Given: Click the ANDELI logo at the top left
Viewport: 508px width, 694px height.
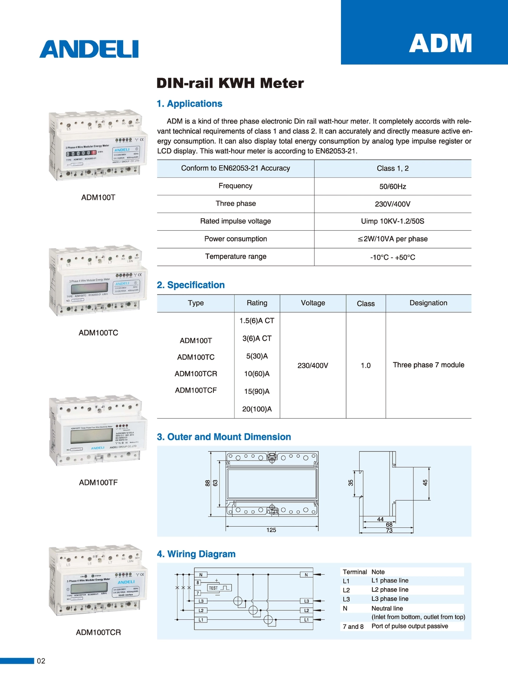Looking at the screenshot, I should point(89,49).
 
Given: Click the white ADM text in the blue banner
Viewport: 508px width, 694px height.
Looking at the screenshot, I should point(440,43).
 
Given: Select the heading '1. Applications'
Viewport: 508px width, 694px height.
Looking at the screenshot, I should point(190,104).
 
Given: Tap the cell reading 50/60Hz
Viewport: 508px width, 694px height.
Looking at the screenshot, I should point(393,187).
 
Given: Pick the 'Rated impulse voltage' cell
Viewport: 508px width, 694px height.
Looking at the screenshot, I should point(236,221).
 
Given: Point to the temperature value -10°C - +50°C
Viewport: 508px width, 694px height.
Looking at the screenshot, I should point(393,257).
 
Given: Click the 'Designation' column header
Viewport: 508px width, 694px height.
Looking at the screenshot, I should point(428,303).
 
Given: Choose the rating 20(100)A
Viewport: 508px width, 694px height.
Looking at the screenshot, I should point(257,409).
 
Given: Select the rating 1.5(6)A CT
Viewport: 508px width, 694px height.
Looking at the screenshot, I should point(257,321).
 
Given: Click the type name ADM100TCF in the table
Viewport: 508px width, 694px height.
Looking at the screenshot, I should point(196,390).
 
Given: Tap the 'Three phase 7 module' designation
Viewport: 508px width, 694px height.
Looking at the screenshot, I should point(428,365).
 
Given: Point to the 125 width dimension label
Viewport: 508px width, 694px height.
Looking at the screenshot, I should point(271,530).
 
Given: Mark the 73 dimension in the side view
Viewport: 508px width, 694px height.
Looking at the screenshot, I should point(389,530).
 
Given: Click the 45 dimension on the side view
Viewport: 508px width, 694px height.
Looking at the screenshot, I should point(425,482).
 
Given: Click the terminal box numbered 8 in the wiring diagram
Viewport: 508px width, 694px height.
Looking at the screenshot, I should point(198,583).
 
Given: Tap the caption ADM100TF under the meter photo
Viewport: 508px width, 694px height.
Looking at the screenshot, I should point(98,482).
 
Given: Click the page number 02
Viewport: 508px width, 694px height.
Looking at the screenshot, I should point(41,661).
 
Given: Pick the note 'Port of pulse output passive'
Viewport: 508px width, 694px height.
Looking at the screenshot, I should point(410,626).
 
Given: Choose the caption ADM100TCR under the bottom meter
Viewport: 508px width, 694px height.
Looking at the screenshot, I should point(98,632).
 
